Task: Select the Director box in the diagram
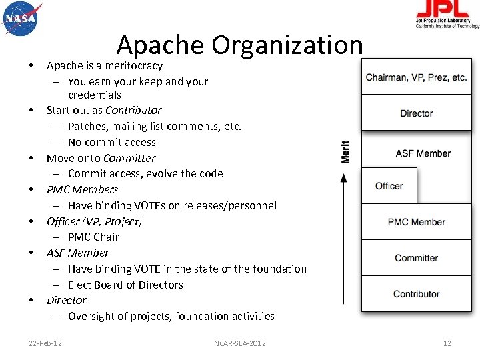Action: [417, 113]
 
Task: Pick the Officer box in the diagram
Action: [389, 186]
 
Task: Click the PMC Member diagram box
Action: [417, 222]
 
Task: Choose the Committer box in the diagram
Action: [417, 258]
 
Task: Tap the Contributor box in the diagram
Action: [417, 294]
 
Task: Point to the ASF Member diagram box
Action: [423, 153]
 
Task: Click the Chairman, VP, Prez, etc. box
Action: [417, 77]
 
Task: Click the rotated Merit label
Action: [345, 151]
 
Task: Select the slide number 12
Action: [447, 343]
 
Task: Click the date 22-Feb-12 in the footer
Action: [45, 343]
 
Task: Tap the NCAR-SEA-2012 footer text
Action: [240, 343]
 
